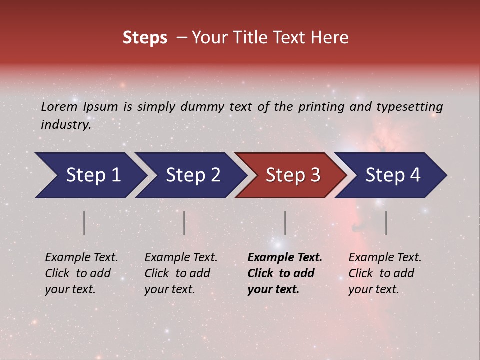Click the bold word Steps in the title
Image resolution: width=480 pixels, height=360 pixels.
pos(145,38)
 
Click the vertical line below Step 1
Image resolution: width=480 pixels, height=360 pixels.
pos(84,223)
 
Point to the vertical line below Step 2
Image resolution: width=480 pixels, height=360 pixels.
pos(184,223)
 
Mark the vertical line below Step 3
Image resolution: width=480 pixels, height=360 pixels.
pos(285,223)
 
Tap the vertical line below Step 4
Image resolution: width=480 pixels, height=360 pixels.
pos(386,223)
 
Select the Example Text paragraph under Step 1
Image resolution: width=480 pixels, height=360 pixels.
pos(81,273)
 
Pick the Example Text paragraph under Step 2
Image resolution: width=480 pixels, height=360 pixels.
pos(181,273)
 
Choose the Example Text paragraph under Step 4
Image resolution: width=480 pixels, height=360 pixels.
pos(385,273)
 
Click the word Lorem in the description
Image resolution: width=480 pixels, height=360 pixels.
pos(59,106)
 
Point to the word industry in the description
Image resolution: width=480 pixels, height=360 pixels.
pos(66,125)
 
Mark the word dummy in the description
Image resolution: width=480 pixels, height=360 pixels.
pos(202,107)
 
